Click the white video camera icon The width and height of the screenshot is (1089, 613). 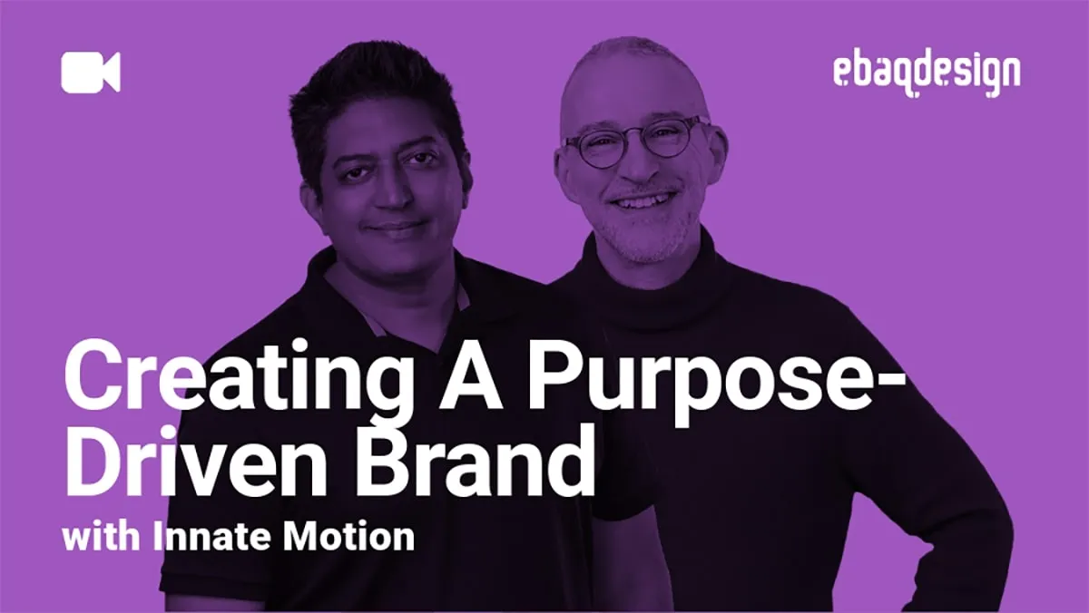coord(90,73)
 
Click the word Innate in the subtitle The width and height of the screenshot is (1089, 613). coord(217,537)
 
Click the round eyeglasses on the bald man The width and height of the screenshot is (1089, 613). coord(634,141)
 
